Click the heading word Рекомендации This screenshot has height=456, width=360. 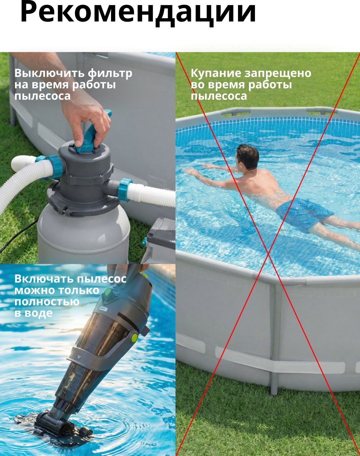coord(138,13)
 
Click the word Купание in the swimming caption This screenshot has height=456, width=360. coord(216,74)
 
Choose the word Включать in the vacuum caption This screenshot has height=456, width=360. coord(44,279)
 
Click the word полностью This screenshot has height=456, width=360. coord(47,302)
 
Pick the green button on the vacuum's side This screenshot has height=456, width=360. coord(134,337)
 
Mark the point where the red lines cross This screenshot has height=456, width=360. coord(268,253)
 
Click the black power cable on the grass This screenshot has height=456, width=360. coord(17,237)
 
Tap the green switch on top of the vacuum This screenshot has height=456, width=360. coord(108,293)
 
